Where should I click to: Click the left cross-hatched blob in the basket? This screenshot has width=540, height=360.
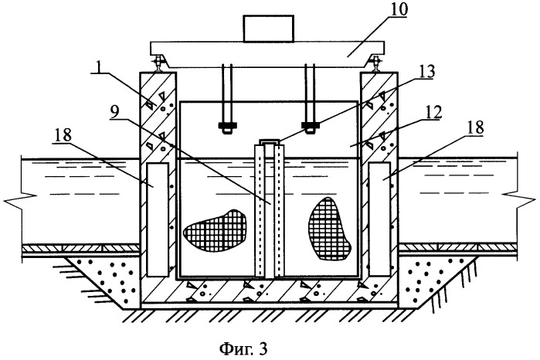(215, 229)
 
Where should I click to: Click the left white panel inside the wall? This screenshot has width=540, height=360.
(157, 219)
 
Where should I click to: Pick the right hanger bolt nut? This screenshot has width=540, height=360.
(312, 125)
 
